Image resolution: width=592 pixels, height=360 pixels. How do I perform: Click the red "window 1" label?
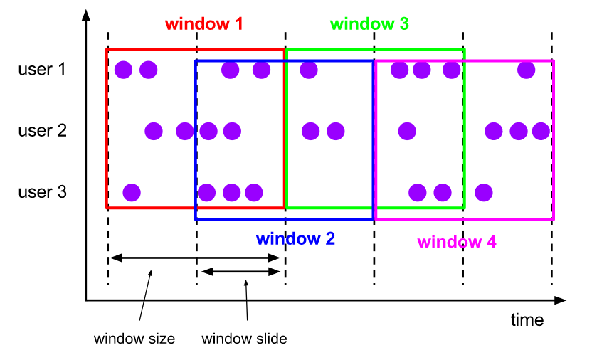(x=204, y=23)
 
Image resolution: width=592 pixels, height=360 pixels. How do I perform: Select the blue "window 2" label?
(x=295, y=238)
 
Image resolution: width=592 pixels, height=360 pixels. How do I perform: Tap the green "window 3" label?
(x=369, y=23)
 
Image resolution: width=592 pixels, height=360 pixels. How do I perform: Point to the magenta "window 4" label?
(x=456, y=242)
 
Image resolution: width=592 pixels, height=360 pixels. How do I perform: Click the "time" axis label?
(x=527, y=320)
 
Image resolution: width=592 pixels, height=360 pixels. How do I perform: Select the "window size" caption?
(x=134, y=339)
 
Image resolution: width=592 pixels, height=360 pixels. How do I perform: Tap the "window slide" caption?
(x=244, y=339)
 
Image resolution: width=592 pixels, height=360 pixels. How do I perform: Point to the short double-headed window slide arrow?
(x=241, y=271)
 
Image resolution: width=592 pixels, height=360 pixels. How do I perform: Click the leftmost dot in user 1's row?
(x=123, y=70)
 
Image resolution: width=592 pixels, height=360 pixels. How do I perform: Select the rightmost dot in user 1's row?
(x=526, y=70)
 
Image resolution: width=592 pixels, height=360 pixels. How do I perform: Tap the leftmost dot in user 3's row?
(x=132, y=192)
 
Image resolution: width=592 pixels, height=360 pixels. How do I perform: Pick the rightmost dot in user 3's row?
(x=484, y=192)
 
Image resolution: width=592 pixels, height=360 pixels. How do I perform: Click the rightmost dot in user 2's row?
(x=541, y=131)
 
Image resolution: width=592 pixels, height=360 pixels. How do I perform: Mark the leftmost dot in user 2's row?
(x=154, y=131)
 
